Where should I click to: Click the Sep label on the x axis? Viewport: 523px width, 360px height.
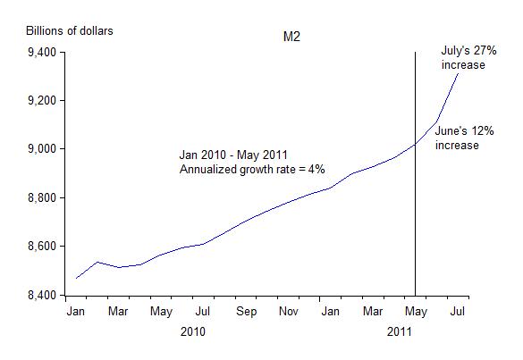point(247,312)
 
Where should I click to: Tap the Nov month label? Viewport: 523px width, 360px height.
point(289,312)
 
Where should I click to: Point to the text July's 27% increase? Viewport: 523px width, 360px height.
point(463,58)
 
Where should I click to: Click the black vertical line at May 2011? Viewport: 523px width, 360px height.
point(416,223)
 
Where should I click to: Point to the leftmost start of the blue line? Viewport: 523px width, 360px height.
point(77,278)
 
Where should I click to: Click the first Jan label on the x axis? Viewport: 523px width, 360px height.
point(77,312)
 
